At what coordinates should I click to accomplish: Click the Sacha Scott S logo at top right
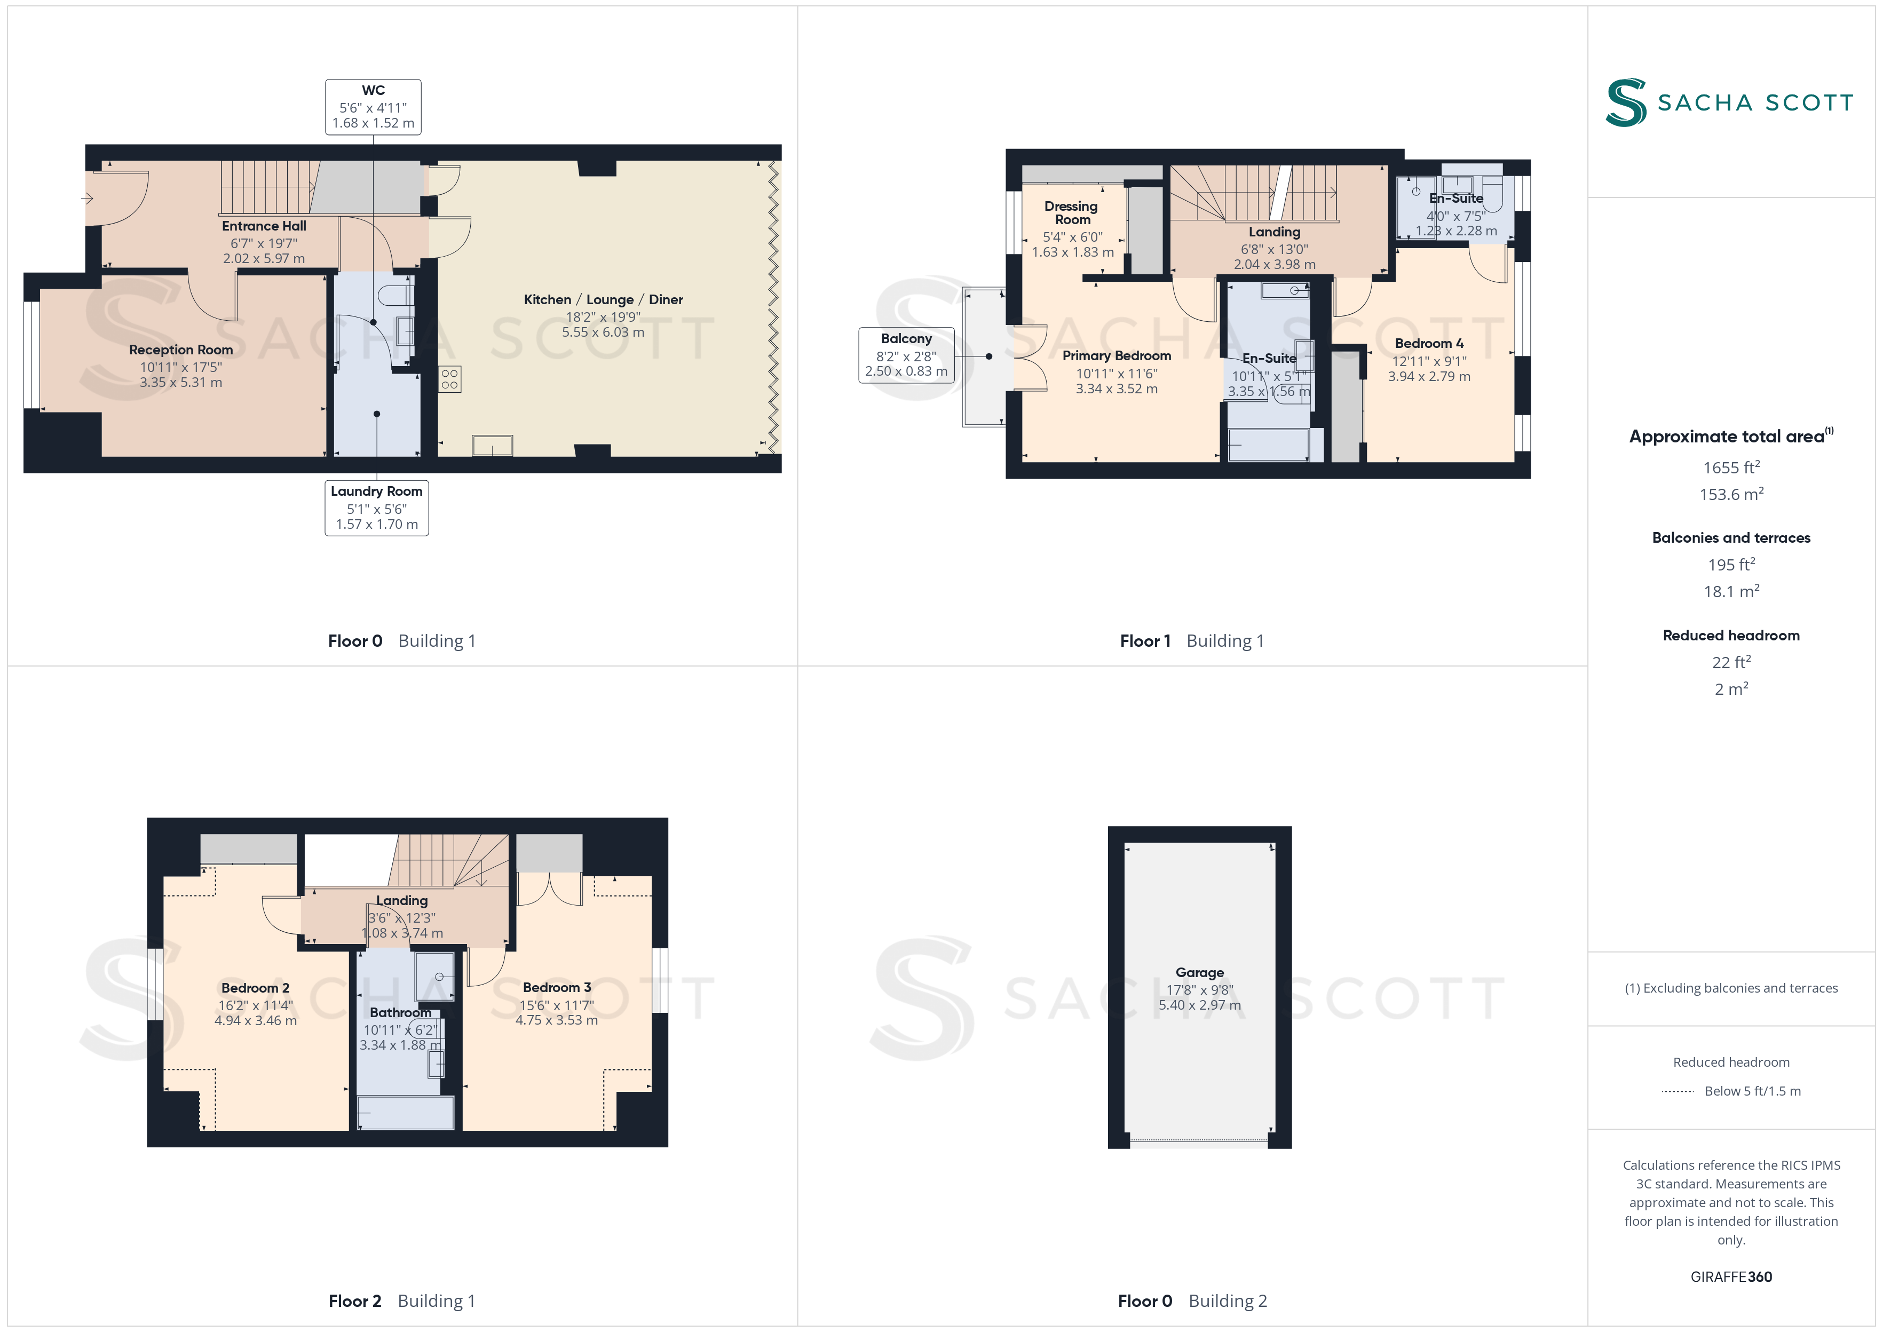pyautogui.click(x=1626, y=102)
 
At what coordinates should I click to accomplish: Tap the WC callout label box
pyautogui.click(x=373, y=107)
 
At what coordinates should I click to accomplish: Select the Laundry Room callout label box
pyautogui.click(x=376, y=508)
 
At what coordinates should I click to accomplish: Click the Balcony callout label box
pyautogui.click(x=906, y=355)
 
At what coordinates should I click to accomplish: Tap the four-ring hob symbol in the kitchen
pyautogui.click(x=449, y=379)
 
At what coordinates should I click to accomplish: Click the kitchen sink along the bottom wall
pyautogui.click(x=492, y=446)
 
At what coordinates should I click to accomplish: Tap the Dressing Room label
pyautogui.click(x=1071, y=212)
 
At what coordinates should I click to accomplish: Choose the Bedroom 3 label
pyautogui.click(x=557, y=987)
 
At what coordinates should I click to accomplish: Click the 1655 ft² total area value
pyautogui.click(x=1731, y=467)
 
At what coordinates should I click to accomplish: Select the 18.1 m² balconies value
pyautogui.click(x=1731, y=591)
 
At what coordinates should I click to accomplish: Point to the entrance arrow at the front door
pyautogui.click(x=87, y=199)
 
